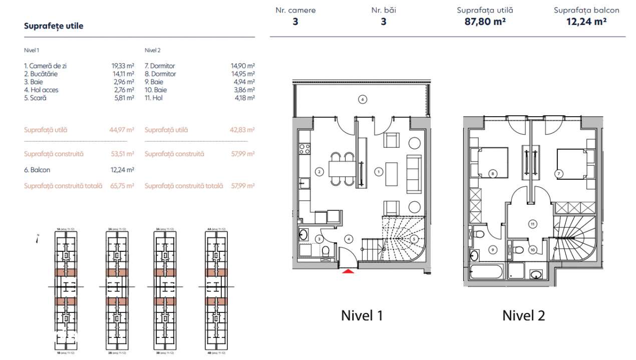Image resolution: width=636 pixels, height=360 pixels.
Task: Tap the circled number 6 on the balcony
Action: pyautogui.click(x=363, y=99)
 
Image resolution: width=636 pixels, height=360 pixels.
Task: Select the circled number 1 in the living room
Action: pyautogui.click(x=379, y=172)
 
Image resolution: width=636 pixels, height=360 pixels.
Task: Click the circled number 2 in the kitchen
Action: pyautogui.click(x=319, y=172)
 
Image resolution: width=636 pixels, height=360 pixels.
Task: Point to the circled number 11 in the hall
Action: pyautogui.click(x=532, y=224)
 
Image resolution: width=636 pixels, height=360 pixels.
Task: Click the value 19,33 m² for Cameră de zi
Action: pyautogui.click(x=122, y=66)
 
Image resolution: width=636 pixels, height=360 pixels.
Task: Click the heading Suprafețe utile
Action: pyautogui.click(x=54, y=26)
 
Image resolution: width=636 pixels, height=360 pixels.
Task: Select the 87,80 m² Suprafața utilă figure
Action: pyautogui.click(x=485, y=22)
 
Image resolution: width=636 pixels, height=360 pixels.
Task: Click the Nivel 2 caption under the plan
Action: pyautogui.click(x=523, y=315)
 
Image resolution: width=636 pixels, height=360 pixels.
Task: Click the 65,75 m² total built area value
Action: pyautogui.click(x=122, y=186)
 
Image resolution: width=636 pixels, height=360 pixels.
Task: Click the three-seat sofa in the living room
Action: pyautogui.click(x=414, y=173)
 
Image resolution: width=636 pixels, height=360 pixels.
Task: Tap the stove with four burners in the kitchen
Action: pyautogui.click(x=303, y=148)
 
